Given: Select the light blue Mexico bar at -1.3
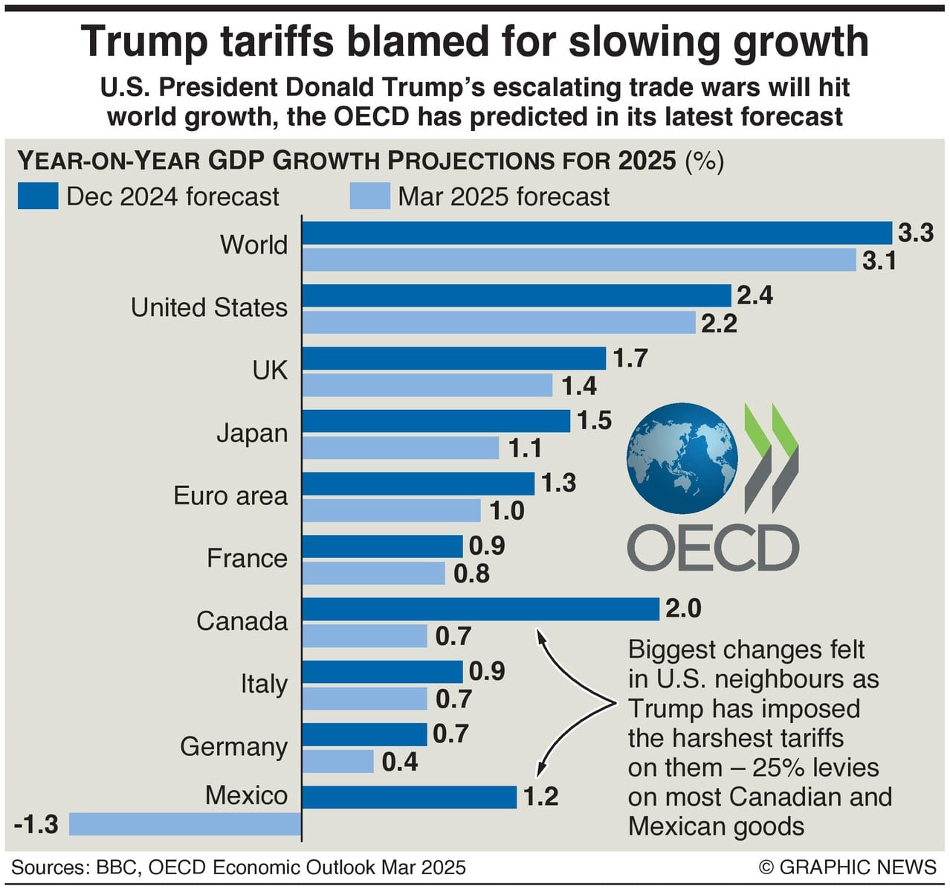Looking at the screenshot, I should tap(185, 824).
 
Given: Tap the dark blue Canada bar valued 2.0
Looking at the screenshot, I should tap(480, 609).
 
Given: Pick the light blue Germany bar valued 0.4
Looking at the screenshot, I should tap(338, 761).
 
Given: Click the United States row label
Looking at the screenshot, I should tap(209, 307).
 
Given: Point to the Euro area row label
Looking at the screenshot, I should tap(230, 495).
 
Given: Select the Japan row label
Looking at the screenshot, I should tap(252, 433).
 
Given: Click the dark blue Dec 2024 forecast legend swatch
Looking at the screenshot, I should tap(38, 196).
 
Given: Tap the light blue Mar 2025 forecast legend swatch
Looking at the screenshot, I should tap(369, 196).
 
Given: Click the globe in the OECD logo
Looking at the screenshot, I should tap(682, 459).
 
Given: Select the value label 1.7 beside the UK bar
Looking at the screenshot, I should tap(630, 359).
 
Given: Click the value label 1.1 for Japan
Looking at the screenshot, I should tap(525, 448).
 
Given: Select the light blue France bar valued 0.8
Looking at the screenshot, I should tap(373, 574).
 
